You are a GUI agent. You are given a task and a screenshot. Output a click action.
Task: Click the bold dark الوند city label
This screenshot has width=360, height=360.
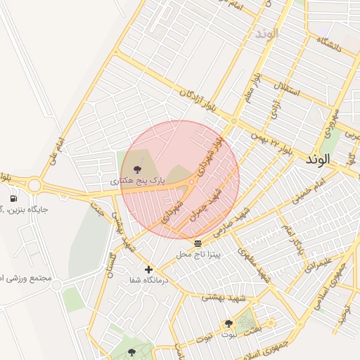coord(318,160)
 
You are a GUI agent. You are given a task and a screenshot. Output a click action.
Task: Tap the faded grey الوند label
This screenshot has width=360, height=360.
coord(267,34)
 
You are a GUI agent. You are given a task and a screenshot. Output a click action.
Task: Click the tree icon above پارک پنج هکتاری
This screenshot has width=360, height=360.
coord(136,169)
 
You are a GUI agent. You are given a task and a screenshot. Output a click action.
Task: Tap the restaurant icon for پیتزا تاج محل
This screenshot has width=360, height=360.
coord(197,243)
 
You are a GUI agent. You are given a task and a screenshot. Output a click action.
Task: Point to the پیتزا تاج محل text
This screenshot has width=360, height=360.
coord(198,254)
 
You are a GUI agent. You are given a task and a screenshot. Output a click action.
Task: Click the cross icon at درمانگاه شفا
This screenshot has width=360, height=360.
coord(148,269)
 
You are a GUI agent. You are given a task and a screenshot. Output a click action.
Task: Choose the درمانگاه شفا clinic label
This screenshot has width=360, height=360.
coord(149,280)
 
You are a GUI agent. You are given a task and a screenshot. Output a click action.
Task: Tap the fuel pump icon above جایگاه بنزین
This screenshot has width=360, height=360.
coord(13,199)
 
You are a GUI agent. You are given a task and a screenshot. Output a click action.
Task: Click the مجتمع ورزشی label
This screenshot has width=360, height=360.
coord(27,278)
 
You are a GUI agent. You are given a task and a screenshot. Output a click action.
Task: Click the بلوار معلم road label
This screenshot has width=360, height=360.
coord(252,89)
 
